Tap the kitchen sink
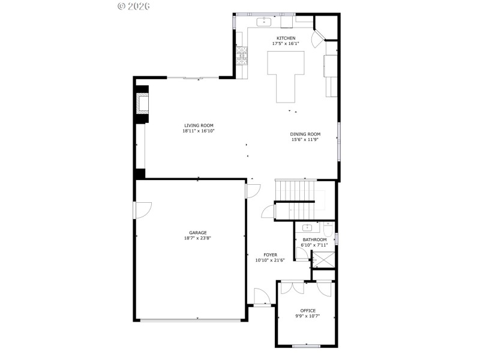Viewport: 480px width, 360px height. (x=264, y=22)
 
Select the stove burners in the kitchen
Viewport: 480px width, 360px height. (x=242, y=56)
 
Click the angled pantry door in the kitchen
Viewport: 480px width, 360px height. (x=316, y=40)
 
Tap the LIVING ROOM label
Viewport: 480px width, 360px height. (x=199, y=125)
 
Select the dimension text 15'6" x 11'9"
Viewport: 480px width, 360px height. (x=305, y=139)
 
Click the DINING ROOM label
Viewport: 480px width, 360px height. (x=305, y=134)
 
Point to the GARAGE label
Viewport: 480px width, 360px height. (x=198, y=233)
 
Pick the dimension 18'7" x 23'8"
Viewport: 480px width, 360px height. (x=198, y=238)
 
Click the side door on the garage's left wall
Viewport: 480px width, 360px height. (x=142, y=210)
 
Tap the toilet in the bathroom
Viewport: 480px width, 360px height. (x=328, y=230)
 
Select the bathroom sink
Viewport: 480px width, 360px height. (x=307, y=228)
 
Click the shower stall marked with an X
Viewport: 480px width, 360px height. (x=325, y=260)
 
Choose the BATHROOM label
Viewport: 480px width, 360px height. (x=314, y=239)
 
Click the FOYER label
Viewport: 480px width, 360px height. (x=262, y=254)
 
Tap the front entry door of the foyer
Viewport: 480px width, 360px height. (x=261, y=297)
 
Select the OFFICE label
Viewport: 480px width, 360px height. (x=308, y=310)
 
